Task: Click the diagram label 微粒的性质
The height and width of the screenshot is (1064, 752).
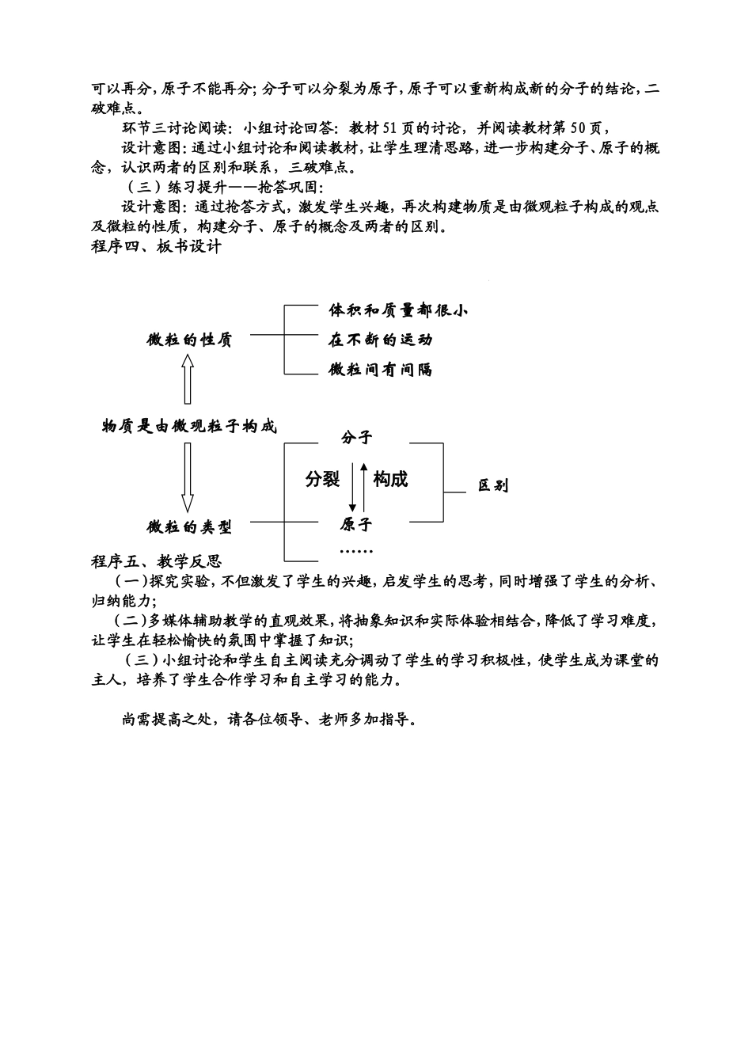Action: click(189, 340)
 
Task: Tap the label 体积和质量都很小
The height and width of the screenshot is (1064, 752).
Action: click(398, 310)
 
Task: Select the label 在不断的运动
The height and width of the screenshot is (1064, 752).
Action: click(381, 340)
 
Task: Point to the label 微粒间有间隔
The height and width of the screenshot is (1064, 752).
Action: click(381, 370)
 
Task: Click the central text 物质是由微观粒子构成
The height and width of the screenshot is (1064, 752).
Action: click(190, 426)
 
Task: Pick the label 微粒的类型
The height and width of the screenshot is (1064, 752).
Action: click(189, 526)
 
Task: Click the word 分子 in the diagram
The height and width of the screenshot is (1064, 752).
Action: click(356, 437)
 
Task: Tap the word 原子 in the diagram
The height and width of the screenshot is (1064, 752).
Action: click(356, 524)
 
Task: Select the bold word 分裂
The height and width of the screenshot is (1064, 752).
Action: click(322, 479)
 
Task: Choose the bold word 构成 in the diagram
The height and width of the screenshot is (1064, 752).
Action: click(390, 479)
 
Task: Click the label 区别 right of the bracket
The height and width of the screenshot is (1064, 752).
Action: click(493, 485)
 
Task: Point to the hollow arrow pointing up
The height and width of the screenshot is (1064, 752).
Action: click(188, 378)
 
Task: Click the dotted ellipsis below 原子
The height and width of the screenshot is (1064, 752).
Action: click(356, 550)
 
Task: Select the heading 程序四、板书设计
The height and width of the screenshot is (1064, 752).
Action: click(156, 247)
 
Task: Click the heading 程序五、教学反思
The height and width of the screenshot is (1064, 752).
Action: click(156, 562)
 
